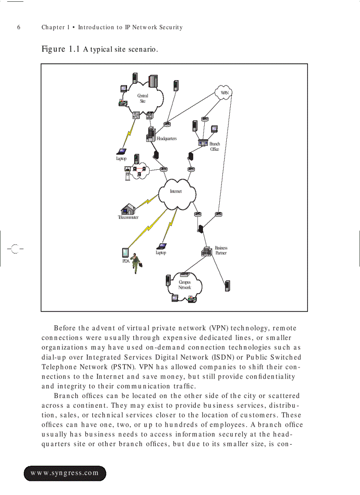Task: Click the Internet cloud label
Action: pos(176,191)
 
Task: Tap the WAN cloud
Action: pos(224,93)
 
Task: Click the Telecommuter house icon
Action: pos(128,208)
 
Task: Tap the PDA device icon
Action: pos(125,253)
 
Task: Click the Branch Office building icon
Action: pos(203,143)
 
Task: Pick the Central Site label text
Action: pos(142,98)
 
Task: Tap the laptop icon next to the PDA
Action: pos(162,246)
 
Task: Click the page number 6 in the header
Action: pos(19,27)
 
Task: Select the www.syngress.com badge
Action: pos(64,473)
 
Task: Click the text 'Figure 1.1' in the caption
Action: pos(61,49)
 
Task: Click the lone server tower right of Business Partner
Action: pos(227,286)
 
